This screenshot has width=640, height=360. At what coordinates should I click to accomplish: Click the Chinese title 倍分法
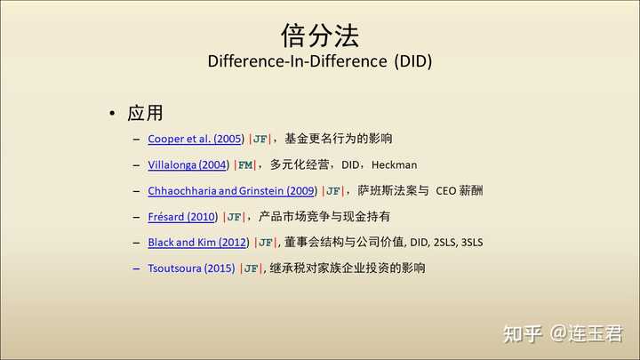320,36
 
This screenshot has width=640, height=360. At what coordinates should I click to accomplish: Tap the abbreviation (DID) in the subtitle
413,61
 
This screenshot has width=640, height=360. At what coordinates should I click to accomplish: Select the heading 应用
145,113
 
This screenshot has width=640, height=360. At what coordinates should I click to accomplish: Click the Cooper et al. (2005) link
196,139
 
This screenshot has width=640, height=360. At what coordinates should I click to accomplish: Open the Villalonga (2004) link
188,165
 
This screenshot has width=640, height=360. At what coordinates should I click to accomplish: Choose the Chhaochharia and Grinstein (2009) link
233,190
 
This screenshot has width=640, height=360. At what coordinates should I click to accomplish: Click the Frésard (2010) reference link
183,217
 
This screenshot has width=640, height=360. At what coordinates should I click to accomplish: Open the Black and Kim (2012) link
198,243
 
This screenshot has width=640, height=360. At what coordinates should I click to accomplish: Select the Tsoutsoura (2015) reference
191,268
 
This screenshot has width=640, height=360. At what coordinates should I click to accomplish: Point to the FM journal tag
245,165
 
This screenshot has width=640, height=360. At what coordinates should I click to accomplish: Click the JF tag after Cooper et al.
260,140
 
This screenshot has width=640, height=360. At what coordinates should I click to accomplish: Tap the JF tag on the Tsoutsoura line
251,268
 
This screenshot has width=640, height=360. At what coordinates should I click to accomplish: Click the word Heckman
395,165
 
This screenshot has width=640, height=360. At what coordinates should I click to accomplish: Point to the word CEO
445,191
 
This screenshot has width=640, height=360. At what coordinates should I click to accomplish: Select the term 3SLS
472,243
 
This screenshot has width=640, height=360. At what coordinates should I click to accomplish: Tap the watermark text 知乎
523,334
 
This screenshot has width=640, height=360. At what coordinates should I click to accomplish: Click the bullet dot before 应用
112,113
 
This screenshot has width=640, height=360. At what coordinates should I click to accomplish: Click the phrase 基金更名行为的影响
339,139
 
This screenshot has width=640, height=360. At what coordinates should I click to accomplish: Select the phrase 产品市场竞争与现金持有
324,217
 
